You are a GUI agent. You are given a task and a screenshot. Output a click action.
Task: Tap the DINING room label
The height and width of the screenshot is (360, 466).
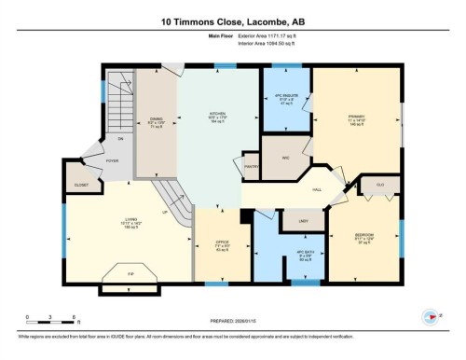[x=157, y=119]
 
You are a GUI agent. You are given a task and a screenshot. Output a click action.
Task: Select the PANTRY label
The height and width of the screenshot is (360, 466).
[x=251, y=167]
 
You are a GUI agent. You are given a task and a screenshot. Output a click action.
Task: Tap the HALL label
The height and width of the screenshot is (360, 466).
[x=317, y=189]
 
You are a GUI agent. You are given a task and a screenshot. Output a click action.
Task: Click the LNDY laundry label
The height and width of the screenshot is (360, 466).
[x=303, y=220]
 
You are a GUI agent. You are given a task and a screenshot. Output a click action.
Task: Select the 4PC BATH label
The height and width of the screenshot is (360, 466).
[x=302, y=255]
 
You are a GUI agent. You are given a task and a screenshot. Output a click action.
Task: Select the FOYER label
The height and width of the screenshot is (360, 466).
[x=112, y=161]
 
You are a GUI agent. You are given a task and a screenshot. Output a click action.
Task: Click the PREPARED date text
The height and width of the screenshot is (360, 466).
[x=232, y=314]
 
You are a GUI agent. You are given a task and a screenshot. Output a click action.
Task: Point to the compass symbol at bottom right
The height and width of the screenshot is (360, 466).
[x=431, y=315]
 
